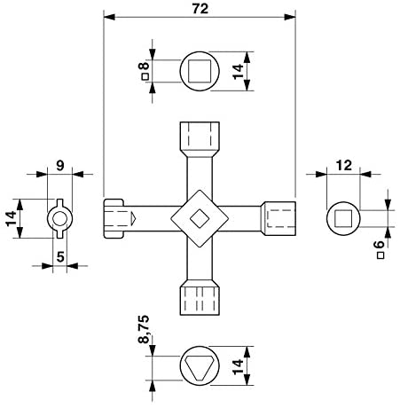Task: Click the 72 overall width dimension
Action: point(200,9)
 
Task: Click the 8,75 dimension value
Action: point(144,329)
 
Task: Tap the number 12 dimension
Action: point(344,166)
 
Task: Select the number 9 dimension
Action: point(60,166)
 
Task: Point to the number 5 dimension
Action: point(60,256)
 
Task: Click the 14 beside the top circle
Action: point(238,72)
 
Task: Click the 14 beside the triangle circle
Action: point(238,366)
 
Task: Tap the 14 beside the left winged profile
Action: point(12,218)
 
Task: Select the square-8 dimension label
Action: point(145,71)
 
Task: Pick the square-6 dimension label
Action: point(380,250)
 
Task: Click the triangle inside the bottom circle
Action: point(200,367)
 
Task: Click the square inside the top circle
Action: point(200,71)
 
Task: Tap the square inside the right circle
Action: point(343,218)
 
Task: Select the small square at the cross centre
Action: point(200,219)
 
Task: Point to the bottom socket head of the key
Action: point(200,298)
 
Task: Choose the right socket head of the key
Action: point(278,218)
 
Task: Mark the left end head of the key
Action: point(114,218)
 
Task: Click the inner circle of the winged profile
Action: point(60,219)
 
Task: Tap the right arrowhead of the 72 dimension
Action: point(290,17)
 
